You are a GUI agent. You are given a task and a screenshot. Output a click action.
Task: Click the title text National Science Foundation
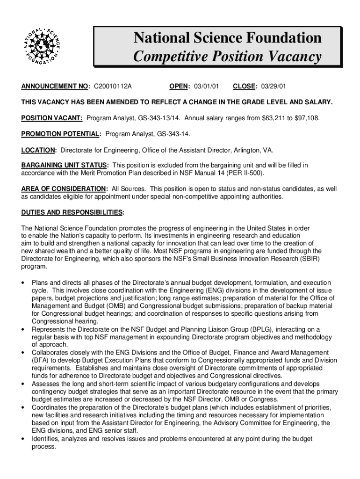click(x=227, y=37)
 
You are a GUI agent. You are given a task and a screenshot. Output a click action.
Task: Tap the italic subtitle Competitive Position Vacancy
click(x=227, y=57)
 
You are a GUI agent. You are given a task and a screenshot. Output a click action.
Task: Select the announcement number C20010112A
click(x=113, y=87)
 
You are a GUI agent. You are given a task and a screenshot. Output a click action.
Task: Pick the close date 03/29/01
click(x=274, y=87)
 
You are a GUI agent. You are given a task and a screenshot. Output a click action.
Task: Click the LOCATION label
click(x=39, y=150)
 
